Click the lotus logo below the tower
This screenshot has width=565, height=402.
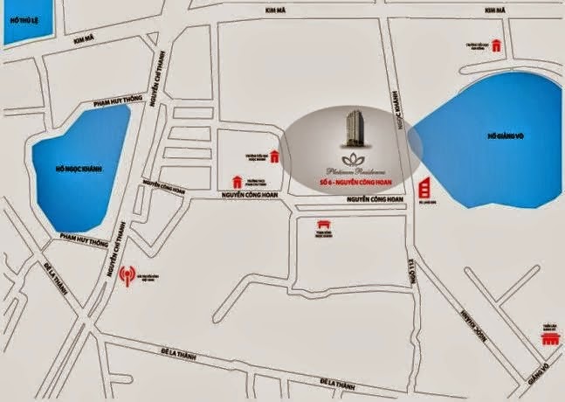[x=355, y=160]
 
